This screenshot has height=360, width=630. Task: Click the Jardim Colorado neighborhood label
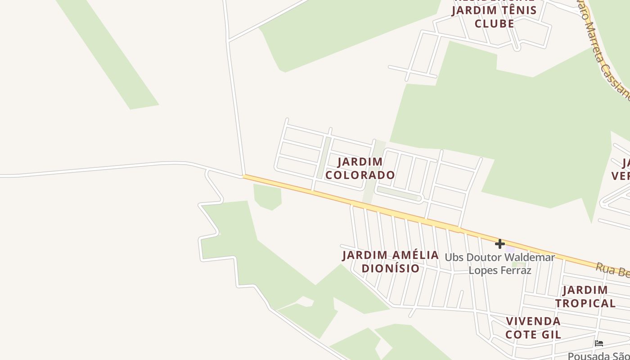pos(360,168)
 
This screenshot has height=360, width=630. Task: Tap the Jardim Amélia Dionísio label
pos(390,261)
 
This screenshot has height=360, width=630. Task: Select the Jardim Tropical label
pos(585,297)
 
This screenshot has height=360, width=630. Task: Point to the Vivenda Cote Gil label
pos(533,328)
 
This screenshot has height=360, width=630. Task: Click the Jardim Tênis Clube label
pos(494,17)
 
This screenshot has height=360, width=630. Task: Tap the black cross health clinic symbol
pos(499,244)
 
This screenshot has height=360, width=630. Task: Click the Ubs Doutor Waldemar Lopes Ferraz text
pos(500,264)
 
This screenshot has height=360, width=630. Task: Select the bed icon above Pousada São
pos(598,343)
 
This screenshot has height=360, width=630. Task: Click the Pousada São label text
pos(598,355)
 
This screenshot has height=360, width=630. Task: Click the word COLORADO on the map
pos(360,175)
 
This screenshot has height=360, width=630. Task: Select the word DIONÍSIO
pos(391,268)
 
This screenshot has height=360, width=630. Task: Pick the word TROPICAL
pos(585,303)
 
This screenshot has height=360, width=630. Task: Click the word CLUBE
pos(494,23)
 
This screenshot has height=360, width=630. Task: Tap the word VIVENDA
pos(533,321)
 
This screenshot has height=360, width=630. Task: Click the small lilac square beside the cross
pos(510,248)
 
